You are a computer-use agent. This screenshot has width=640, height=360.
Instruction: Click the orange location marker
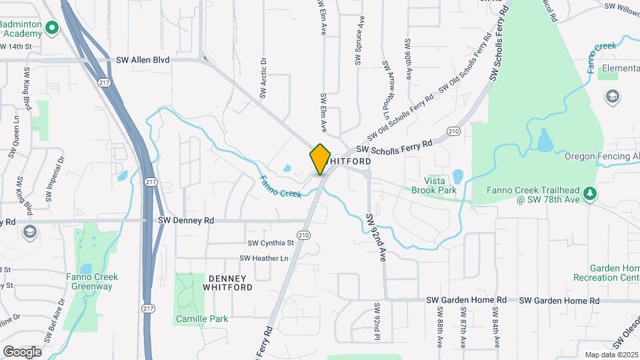[320, 159]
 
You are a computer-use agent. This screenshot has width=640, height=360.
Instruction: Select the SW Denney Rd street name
[186, 220]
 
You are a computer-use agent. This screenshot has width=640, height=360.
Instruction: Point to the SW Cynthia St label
[271, 243]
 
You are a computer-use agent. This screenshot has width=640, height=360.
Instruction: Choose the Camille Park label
[202, 319]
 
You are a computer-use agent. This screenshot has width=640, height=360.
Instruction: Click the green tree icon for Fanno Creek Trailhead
[589, 193]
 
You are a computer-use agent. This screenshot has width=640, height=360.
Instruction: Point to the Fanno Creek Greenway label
[92, 281]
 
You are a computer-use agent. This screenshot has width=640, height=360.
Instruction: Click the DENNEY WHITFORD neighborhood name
[227, 283]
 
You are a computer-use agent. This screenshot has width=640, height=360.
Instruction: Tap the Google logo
[22, 351]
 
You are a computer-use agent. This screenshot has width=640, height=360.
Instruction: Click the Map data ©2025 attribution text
[611, 355]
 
